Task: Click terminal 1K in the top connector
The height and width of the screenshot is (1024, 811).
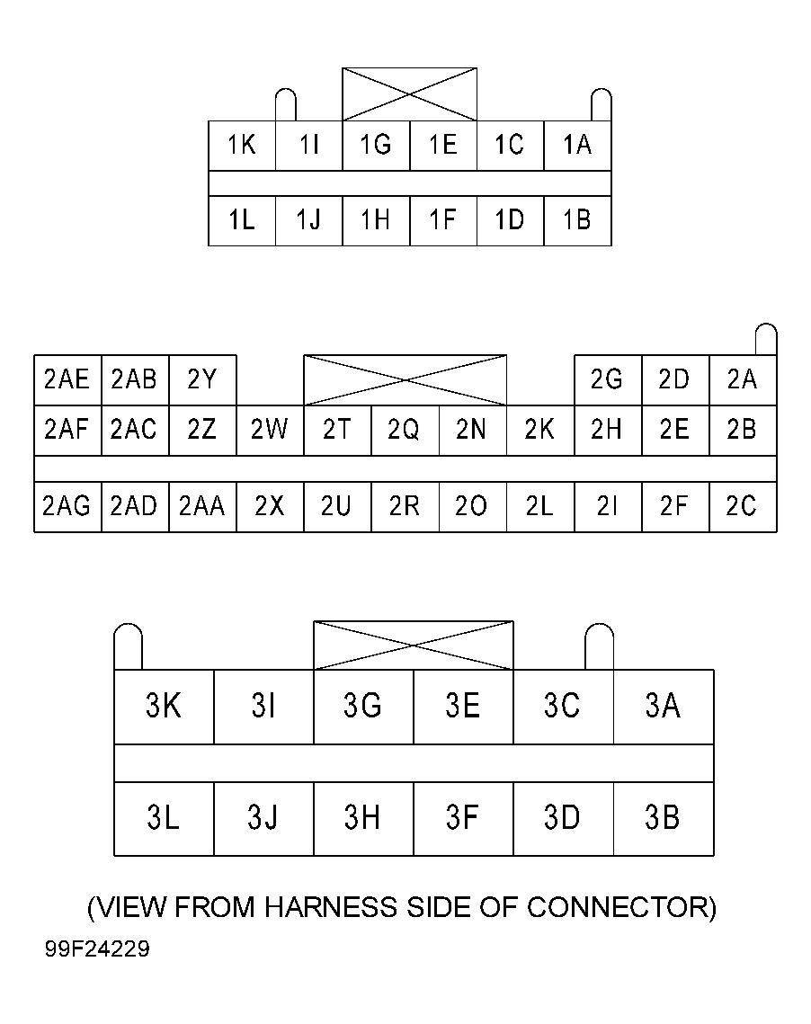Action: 242,146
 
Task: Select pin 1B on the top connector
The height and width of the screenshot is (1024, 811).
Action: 577,220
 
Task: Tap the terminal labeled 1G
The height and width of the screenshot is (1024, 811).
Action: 376,146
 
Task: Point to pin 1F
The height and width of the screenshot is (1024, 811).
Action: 442,220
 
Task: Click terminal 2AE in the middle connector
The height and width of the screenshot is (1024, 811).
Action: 67,380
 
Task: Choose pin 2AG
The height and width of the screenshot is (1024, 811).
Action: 67,507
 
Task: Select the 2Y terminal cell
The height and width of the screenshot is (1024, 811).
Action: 202,380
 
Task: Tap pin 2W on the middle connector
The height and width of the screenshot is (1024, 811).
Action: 270,431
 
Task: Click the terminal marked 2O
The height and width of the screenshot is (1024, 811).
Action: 472,507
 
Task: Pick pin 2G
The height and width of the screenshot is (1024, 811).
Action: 607,380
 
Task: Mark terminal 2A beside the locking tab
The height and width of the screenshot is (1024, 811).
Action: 742,380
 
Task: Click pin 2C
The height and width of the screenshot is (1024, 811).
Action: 742,507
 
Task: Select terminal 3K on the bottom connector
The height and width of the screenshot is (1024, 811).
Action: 164,707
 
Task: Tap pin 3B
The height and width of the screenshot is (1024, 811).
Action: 663,819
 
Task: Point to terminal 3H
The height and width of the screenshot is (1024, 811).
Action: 363,819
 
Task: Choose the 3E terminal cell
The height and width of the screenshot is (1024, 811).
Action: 463,707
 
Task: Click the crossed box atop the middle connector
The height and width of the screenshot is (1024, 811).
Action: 405,379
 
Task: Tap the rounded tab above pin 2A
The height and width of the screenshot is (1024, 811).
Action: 765,339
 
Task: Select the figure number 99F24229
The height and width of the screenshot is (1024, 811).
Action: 98,950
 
